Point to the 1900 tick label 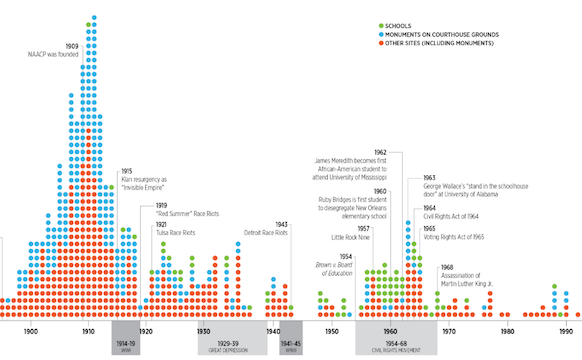(x=30, y=331)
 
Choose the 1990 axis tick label (x=565, y=331)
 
